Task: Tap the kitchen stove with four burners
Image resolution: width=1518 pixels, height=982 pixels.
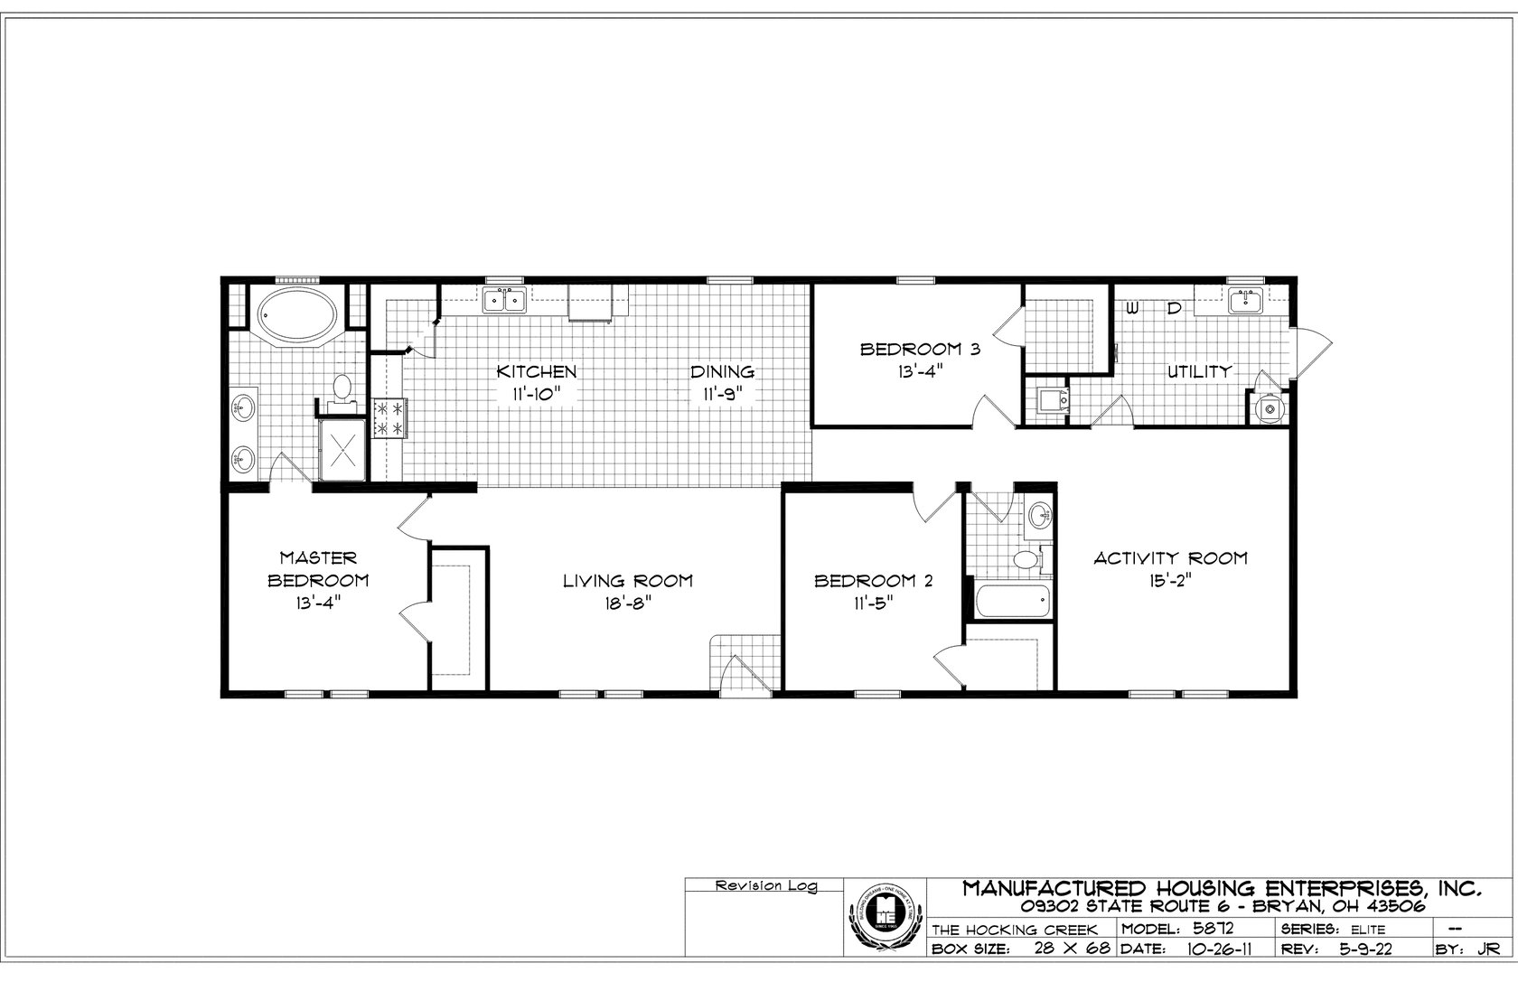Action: click(392, 418)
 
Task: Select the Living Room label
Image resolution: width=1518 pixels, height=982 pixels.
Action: click(628, 581)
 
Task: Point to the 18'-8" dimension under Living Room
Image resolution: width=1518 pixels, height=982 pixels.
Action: click(628, 603)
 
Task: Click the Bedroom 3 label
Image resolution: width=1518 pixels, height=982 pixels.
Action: click(919, 349)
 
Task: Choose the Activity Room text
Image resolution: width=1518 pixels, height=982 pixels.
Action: click(1170, 558)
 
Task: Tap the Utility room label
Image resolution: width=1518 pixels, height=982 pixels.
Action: click(1199, 371)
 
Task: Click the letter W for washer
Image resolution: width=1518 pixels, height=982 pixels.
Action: click(1132, 309)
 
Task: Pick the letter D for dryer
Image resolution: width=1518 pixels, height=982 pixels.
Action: click(1174, 309)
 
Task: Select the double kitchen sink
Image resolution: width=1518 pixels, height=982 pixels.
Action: click(504, 300)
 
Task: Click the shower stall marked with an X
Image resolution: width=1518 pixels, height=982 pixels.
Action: click(343, 449)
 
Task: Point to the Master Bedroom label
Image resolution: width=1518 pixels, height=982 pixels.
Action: click(318, 569)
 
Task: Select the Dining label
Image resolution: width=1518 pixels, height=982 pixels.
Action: click(722, 371)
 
